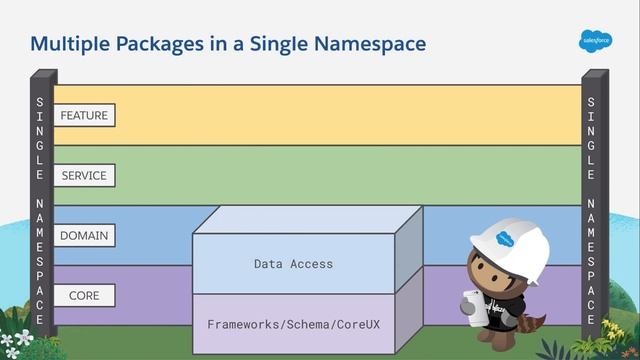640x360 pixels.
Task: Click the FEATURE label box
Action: click(83, 116)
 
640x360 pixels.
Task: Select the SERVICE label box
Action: click(83, 175)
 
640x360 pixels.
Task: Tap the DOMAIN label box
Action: click(83, 236)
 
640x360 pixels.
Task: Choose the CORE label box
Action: click(83, 296)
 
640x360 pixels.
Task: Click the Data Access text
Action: click(293, 264)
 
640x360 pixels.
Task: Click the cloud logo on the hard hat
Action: click(508, 239)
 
